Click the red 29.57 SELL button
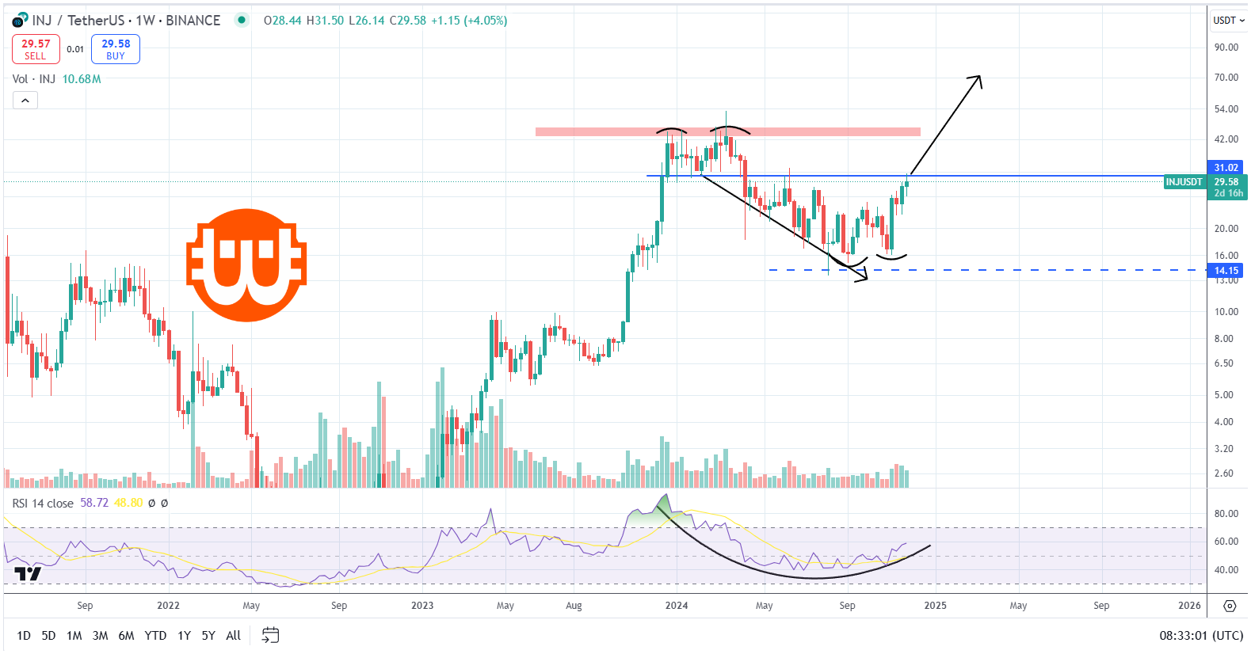click(x=36, y=49)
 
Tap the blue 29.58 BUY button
click(x=116, y=49)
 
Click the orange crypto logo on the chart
click(x=246, y=264)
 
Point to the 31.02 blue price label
click(x=1225, y=168)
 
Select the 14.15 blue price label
click(x=1225, y=271)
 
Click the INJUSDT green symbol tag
click(x=1184, y=182)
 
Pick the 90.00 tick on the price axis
click(x=1226, y=48)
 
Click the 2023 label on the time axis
click(x=422, y=606)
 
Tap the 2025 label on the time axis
click(x=935, y=606)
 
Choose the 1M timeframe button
click(x=74, y=636)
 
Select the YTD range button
click(x=155, y=636)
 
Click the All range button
click(x=233, y=636)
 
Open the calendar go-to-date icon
click(x=270, y=636)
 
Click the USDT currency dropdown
click(x=1228, y=21)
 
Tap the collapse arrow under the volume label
click(x=25, y=101)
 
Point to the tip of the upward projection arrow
click(x=980, y=77)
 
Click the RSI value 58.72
click(x=94, y=503)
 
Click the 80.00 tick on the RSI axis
click(x=1226, y=514)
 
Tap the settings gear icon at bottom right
click(x=1230, y=606)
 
